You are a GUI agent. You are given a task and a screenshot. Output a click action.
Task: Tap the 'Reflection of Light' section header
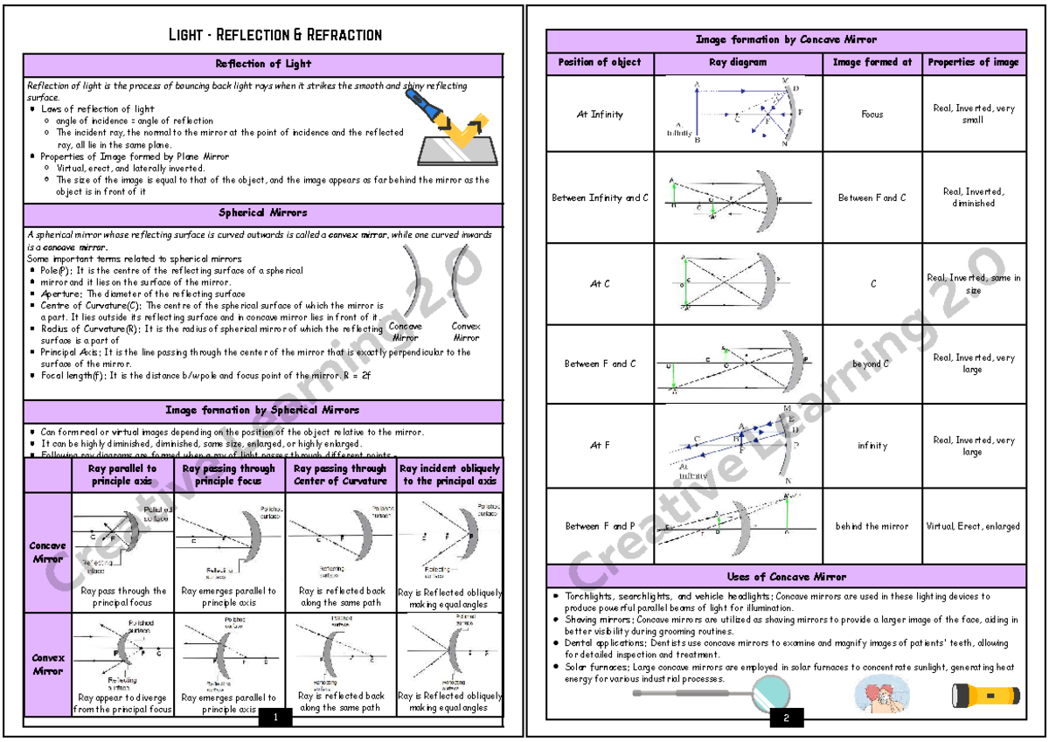pos(263,64)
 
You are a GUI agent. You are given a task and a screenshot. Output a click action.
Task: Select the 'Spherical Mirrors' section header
pos(263,212)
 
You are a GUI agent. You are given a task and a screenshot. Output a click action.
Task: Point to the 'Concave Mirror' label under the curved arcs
pos(405,331)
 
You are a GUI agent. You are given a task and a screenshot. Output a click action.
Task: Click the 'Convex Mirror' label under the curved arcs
pos(466,331)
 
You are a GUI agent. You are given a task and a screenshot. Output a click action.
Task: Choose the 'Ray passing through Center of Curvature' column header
pos(340,475)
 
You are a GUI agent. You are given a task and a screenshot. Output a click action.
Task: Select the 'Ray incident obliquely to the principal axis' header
pos(450,475)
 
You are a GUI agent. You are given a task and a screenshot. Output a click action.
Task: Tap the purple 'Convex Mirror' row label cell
pos(47,664)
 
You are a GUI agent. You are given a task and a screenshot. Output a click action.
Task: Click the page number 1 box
pos(276,718)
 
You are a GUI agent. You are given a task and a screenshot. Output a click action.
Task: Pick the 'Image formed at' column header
pos(872,62)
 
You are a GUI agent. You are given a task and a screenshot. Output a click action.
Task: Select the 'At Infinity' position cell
pos(600,114)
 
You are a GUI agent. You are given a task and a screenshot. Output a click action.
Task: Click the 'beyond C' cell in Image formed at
pos(872,364)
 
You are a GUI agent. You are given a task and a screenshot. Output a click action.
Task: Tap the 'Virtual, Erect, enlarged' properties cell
pos(974,526)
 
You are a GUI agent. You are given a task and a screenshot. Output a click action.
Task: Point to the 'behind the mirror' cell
pos(872,526)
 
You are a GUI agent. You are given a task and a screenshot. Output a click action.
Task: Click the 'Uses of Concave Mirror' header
pos(786,577)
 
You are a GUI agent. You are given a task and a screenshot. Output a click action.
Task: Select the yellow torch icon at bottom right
pos(985,697)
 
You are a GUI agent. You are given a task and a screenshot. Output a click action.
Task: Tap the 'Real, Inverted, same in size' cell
pos(974,284)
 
